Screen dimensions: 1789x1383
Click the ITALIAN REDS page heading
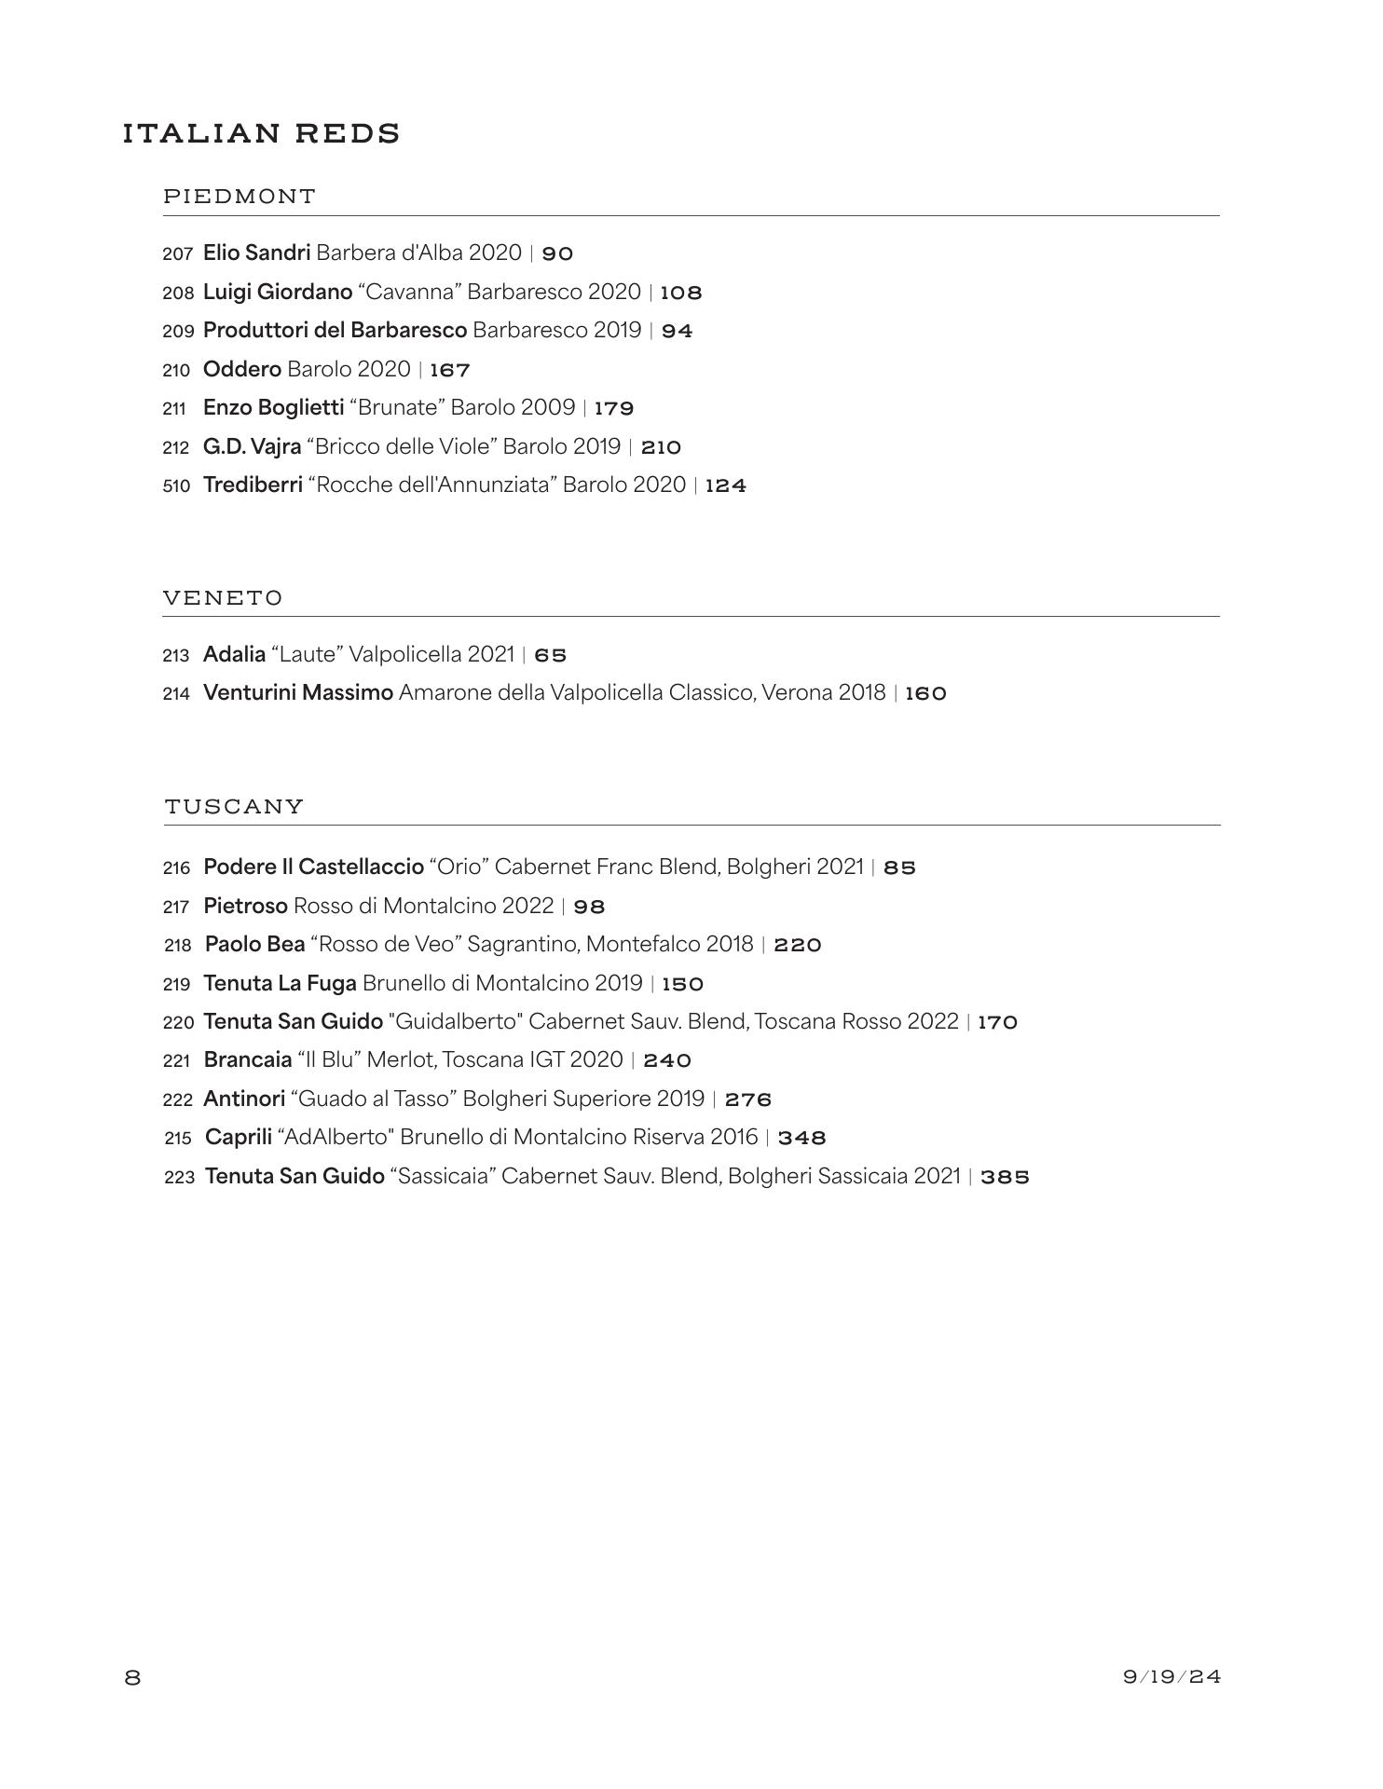(261, 134)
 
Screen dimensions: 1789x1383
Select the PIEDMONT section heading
(240, 197)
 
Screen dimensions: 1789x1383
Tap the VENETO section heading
(223, 597)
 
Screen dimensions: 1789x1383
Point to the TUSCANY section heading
(234, 806)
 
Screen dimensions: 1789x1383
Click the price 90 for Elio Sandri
(557, 253)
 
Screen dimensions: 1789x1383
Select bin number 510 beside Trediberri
(176, 485)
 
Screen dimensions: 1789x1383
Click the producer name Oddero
(242, 370)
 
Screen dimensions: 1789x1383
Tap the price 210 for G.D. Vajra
(661, 447)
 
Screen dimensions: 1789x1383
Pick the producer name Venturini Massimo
(298, 693)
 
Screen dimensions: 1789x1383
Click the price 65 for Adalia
(551, 655)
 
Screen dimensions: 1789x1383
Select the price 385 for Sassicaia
(1005, 1177)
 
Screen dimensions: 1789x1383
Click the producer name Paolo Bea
(255, 945)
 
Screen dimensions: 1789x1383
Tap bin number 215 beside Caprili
(178, 1139)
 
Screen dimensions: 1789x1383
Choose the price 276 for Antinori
(748, 1099)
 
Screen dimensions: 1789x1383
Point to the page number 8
(132, 1678)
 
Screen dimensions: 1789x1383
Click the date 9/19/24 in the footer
(1171, 1677)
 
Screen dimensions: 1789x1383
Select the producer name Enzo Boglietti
(274, 408)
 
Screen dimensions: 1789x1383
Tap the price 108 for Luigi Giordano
(681, 293)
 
